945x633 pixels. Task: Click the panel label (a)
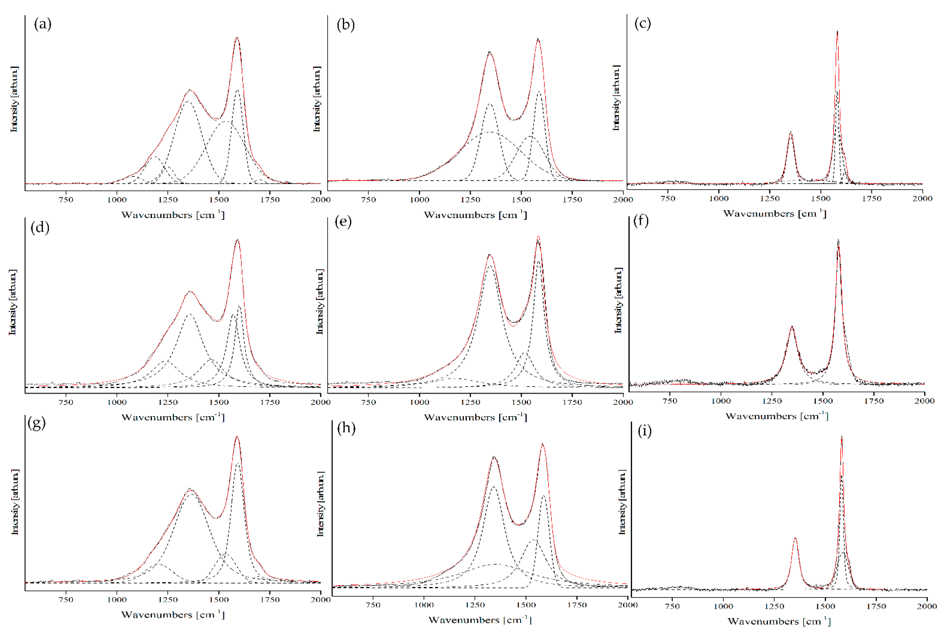(43, 24)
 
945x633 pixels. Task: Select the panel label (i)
(644, 431)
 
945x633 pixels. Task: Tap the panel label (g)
(36, 423)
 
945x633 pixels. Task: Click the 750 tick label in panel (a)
(66, 199)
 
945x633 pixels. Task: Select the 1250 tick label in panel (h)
(475, 605)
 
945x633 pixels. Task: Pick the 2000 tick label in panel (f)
(924, 401)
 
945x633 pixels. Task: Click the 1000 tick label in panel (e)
(419, 402)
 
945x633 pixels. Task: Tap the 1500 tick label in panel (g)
(219, 599)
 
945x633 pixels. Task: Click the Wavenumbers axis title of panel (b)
(475, 215)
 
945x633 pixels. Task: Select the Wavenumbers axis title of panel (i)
(779, 621)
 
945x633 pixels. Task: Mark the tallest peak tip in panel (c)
(837, 32)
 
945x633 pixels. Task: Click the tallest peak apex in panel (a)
(237, 38)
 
